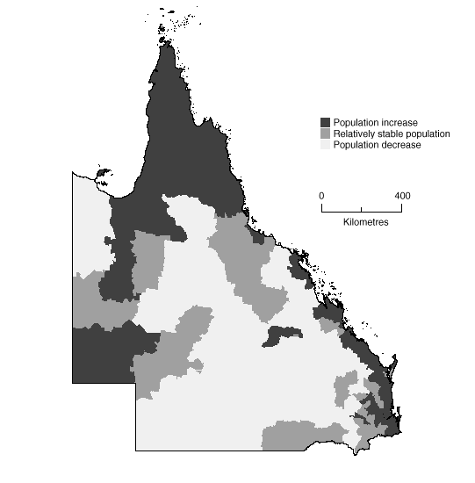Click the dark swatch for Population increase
(x=326, y=122)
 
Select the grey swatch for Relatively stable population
(x=326, y=133)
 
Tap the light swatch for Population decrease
(x=326, y=145)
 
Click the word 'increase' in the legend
(x=400, y=122)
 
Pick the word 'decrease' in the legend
(x=402, y=145)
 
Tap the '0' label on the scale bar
(x=321, y=194)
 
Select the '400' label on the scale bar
(x=402, y=194)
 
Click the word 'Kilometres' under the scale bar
(x=362, y=222)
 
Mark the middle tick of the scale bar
(x=362, y=208)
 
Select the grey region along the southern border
(x=303, y=435)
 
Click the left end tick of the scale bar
(x=321, y=207)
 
